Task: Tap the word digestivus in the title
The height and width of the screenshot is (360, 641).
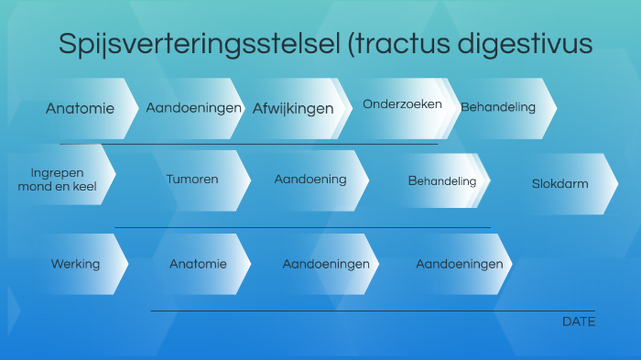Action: pos(531,44)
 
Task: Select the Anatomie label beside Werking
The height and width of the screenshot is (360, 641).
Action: pos(198,264)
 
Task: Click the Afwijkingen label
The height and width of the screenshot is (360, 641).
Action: pos(293,109)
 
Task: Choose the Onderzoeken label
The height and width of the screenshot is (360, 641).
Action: pos(402,104)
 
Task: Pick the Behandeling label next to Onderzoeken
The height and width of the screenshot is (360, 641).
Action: pos(498,107)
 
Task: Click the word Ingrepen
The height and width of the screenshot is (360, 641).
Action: pos(57,172)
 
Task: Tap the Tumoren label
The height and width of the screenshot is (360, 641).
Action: pos(192,180)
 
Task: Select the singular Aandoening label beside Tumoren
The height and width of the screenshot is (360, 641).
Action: pos(310,180)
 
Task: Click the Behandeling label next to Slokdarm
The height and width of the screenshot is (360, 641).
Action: pos(442,181)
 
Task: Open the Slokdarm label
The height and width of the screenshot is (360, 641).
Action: pos(560,184)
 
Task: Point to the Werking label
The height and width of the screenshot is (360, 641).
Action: pos(75,264)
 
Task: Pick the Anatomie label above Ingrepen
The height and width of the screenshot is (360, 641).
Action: pos(81,108)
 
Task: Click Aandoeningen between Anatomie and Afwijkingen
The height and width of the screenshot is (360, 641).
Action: pos(194,108)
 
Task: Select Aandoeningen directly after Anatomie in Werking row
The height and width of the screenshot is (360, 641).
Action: pos(326,264)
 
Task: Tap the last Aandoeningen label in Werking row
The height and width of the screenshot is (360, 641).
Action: pos(459,264)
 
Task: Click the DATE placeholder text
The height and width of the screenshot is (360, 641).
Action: pos(579,322)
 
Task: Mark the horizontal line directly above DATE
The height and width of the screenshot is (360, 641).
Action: pos(366,311)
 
